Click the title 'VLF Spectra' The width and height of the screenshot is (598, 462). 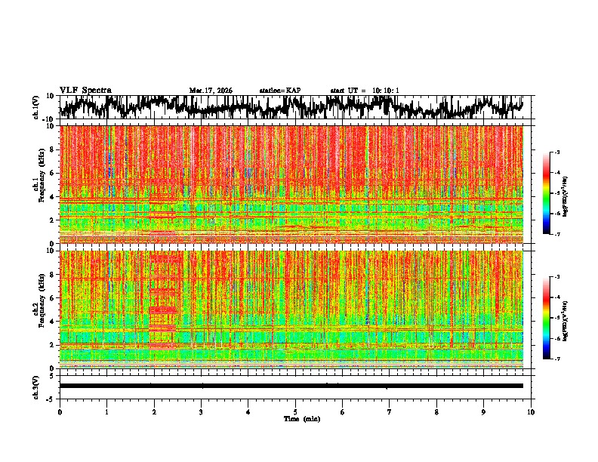[85, 90]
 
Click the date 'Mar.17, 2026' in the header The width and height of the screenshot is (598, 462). [211, 91]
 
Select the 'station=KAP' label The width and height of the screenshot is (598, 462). [279, 91]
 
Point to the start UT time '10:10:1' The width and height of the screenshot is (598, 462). [385, 91]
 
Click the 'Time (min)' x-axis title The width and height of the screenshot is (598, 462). [301, 419]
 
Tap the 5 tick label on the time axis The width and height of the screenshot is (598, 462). [295, 412]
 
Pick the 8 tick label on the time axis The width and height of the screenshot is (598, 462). [436, 412]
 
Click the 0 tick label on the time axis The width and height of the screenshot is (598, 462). [60, 412]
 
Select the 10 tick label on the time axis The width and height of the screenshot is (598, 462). [531, 412]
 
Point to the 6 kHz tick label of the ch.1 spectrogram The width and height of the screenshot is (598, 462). [52, 173]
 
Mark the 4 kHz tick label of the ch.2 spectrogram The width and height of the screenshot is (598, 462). [52, 321]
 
